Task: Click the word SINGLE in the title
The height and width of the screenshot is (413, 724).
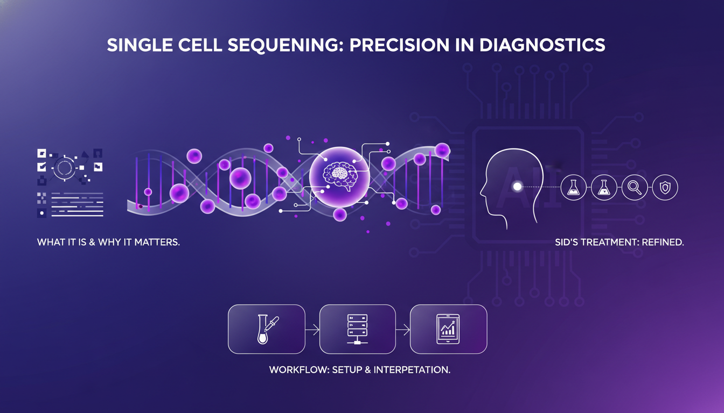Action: click(x=135, y=45)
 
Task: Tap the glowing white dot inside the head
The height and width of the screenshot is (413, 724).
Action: click(x=517, y=187)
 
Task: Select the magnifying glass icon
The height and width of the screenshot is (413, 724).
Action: click(x=634, y=187)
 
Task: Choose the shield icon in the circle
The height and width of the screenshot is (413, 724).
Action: click(x=665, y=187)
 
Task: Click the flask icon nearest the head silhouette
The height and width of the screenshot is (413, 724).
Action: click(x=573, y=187)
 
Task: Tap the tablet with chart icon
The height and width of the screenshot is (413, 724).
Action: click(x=448, y=329)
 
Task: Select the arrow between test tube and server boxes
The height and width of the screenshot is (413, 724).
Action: click(x=312, y=330)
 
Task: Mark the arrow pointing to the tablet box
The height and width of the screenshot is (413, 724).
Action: click(x=403, y=330)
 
